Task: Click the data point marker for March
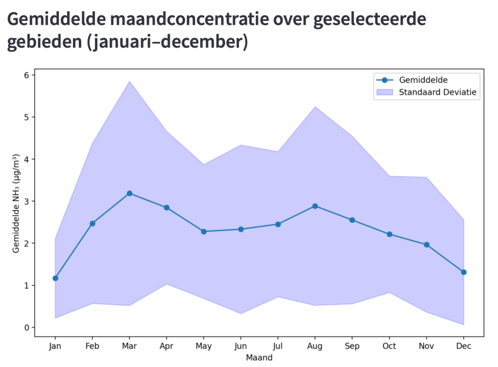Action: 129,193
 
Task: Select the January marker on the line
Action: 55,278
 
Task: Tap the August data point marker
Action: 315,206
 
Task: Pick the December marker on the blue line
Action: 463,272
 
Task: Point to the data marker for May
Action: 203,231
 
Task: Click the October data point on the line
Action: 389,234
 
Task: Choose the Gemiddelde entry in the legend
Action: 423,80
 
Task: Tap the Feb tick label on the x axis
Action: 92,346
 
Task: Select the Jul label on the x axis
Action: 278,346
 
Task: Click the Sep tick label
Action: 352,346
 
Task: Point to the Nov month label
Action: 426,346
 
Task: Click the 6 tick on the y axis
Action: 26,75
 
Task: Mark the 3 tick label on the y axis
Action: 26,201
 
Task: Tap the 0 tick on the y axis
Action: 26,328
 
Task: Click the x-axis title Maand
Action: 259,358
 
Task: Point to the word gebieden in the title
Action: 43,42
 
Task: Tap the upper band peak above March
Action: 129,81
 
